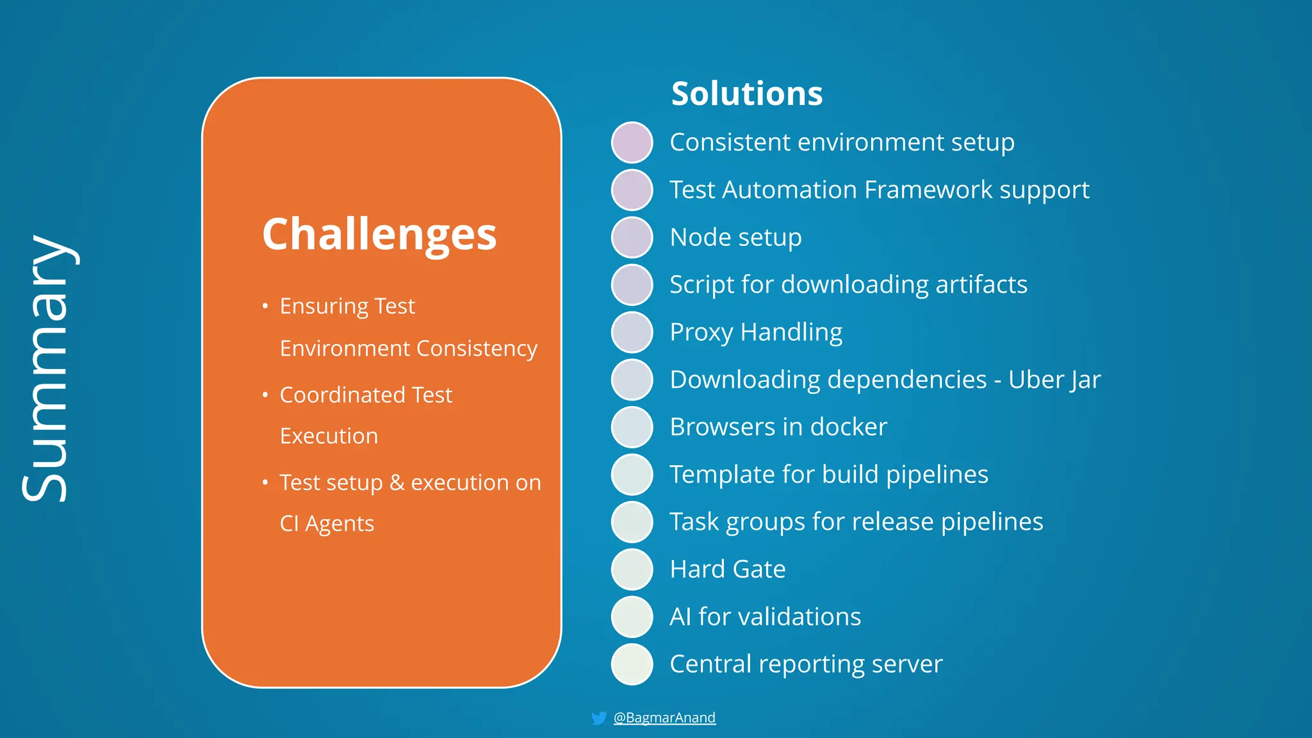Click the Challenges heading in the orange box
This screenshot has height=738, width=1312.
click(379, 234)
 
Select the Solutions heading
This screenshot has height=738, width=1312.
click(746, 94)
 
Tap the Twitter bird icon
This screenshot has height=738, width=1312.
click(599, 718)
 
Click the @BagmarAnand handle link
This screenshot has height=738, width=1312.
click(664, 717)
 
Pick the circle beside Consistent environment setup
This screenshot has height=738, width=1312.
click(632, 142)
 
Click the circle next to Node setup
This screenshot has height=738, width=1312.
click(632, 237)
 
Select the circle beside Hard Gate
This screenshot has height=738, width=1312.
click(632, 569)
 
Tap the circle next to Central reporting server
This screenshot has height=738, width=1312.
click(632, 664)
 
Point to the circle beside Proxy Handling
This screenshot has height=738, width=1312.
click(632, 332)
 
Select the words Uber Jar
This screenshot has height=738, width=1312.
click(1054, 379)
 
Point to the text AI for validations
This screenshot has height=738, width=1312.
click(765, 616)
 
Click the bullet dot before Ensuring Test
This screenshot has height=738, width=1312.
click(265, 306)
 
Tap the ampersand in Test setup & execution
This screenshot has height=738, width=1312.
click(397, 482)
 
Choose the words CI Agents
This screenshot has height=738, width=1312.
click(327, 523)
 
